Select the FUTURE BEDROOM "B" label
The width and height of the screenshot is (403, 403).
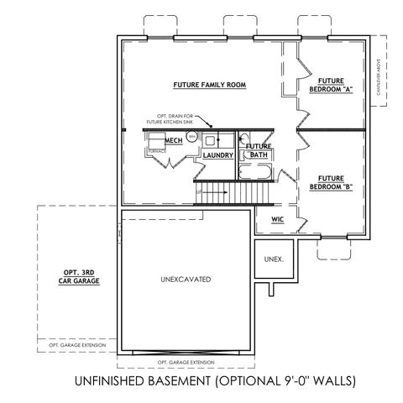point(332,182)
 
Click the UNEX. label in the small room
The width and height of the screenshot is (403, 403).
point(273,259)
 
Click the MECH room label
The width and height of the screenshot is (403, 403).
point(174,141)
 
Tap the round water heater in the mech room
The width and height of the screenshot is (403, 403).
point(192,136)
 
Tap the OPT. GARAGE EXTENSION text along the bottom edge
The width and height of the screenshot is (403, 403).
point(186,362)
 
